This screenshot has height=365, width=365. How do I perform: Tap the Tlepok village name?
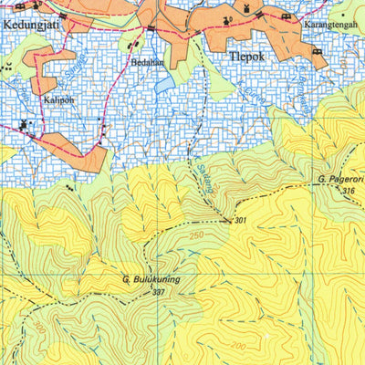tap(243, 54)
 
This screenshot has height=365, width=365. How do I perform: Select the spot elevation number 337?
tap(159, 292)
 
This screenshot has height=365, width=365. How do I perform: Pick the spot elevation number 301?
tap(241, 221)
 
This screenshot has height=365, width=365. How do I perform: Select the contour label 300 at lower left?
tap(39, 326)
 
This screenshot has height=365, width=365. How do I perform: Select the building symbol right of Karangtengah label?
tap(318, 52)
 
